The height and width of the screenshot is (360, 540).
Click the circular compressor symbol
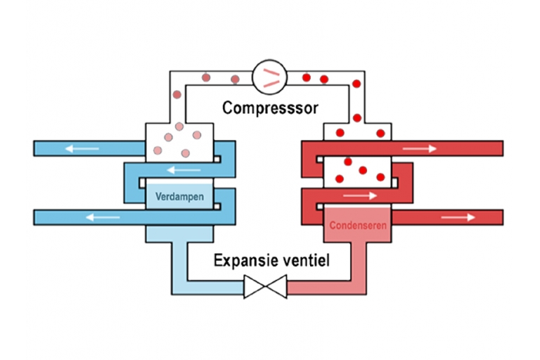pyautogui.click(x=269, y=77)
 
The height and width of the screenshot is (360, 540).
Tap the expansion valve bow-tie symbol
pyautogui.click(x=265, y=287)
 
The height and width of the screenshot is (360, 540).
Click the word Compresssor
pyautogui.click(x=270, y=108)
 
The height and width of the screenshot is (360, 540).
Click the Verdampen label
pyautogui.click(x=179, y=196)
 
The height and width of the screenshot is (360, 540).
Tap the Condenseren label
pyautogui.click(x=358, y=225)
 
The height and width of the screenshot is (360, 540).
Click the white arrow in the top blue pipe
pyautogui.click(x=82, y=149)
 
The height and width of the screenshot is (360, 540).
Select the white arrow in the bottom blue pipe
pyautogui.click(x=103, y=217)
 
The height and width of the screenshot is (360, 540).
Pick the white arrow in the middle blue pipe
pyautogui.click(x=184, y=170)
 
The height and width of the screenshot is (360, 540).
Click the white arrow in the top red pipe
pyautogui.click(x=420, y=148)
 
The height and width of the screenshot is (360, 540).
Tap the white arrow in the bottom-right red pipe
pyautogui.click(x=458, y=217)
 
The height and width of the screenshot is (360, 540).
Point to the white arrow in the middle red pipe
pyautogui.click(x=360, y=196)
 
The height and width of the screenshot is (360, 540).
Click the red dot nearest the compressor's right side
pyautogui.click(x=307, y=77)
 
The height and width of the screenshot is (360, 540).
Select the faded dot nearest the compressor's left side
pyautogui.click(x=236, y=79)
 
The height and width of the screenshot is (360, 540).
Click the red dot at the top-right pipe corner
pyautogui.click(x=356, y=84)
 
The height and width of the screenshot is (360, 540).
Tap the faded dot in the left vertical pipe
pyautogui.click(x=177, y=94)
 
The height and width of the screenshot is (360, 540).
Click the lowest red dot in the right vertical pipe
pyautogui.click(x=357, y=118)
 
